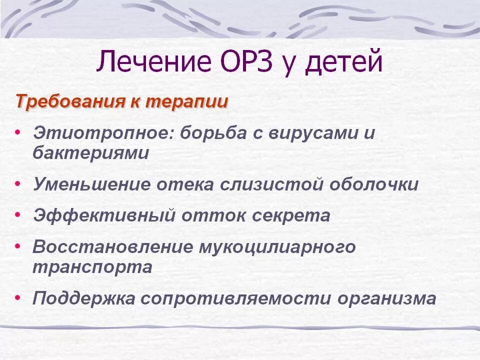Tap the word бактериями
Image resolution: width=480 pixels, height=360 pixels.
pyautogui.click(x=90, y=153)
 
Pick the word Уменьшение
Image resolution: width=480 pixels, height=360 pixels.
pyautogui.click(x=91, y=184)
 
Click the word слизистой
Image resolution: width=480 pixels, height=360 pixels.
pyautogui.click(x=272, y=184)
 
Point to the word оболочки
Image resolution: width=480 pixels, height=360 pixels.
pyautogui.click(x=374, y=184)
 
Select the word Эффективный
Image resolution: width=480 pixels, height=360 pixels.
pyautogui.click(x=104, y=216)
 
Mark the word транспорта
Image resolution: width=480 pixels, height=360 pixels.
pyautogui.click(x=92, y=266)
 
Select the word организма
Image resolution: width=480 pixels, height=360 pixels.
pyautogui.click(x=386, y=299)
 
